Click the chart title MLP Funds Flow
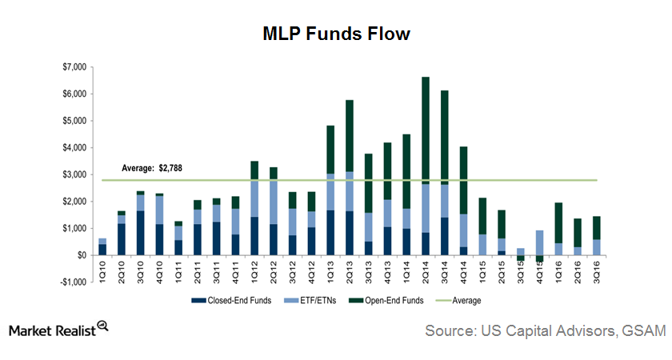[336, 34]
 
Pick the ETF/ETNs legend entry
[309, 301]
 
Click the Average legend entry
[467, 301]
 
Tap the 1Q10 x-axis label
[102, 270]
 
